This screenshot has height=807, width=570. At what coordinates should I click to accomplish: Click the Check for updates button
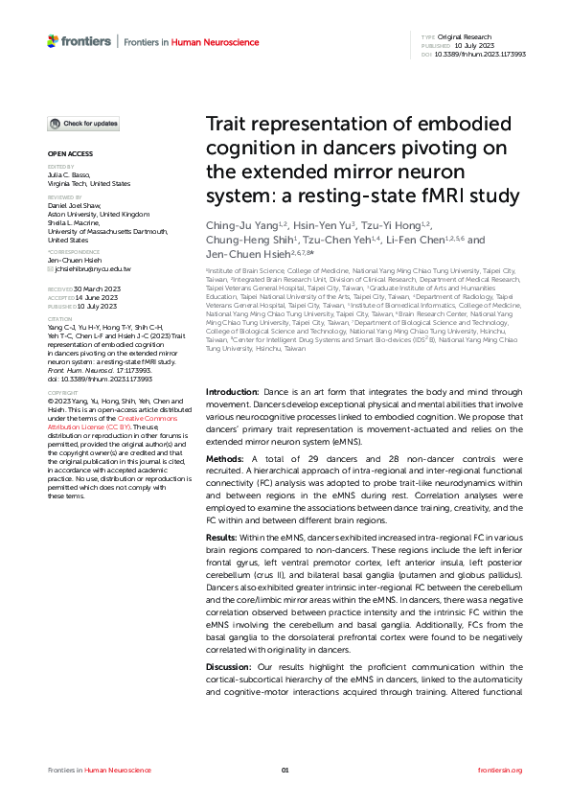tap(84, 124)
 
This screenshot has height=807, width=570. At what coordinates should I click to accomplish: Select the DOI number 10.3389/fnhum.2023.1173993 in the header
tap(486, 55)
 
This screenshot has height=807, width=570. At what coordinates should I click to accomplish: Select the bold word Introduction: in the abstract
tap(233, 393)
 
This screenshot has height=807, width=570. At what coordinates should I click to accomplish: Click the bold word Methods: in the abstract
tap(227, 459)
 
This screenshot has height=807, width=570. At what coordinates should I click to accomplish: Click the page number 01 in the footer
tap(285, 770)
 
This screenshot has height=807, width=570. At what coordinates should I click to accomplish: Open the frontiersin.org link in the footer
tap(500, 770)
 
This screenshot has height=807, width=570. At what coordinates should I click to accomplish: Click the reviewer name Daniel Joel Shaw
tap(73, 205)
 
